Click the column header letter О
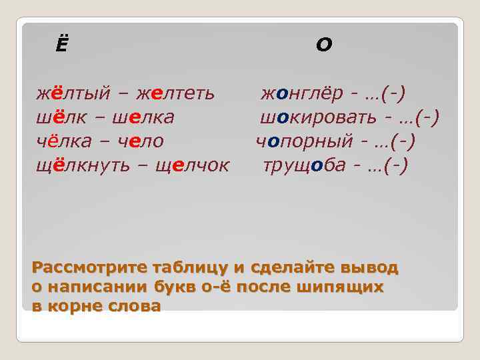coord(323,45)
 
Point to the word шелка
coord(143,118)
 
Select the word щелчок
coord(192,165)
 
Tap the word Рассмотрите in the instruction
coord(84,268)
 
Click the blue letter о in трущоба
coord(325,165)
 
